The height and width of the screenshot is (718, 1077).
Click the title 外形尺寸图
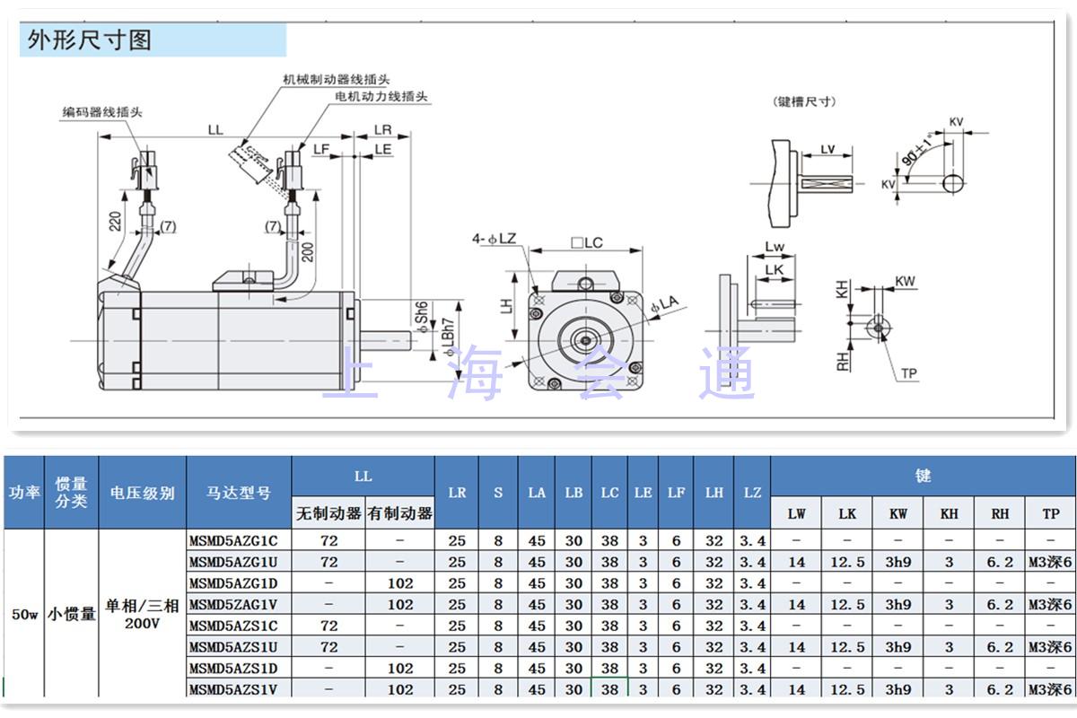[x=90, y=39]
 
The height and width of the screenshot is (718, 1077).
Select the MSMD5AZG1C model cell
[x=233, y=540]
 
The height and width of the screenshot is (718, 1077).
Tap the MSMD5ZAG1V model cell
[x=233, y=604]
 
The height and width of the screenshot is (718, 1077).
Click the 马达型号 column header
[x=239, y=493]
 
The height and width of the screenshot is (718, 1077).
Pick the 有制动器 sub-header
[x=400, y=513]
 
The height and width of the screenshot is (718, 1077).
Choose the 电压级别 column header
[x=143, y=493]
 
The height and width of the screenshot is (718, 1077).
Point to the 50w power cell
[x=24, y=614]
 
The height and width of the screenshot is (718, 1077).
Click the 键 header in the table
[x=924, y=476]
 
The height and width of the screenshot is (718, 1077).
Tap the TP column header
[x=1051, y=513]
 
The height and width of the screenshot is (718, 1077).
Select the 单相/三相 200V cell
[x=143, y=614]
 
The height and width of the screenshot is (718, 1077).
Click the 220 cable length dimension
[x=116, y=221]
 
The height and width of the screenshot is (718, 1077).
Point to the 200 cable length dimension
[x=308, y=252]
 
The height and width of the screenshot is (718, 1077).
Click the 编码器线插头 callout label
[x=102, y=112]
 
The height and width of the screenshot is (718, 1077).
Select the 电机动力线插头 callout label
[x=381, y=97]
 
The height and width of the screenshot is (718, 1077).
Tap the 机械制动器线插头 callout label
[x=336, y=79]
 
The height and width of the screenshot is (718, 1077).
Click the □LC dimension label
[x=587, y=243]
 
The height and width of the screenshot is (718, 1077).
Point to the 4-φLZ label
[x=494, y=239]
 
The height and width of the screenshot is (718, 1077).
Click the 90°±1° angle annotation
[x=917, y=150]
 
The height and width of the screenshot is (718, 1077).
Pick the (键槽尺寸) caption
[x=804, y=101]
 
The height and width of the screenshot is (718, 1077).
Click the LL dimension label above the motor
[x=215, y=130]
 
